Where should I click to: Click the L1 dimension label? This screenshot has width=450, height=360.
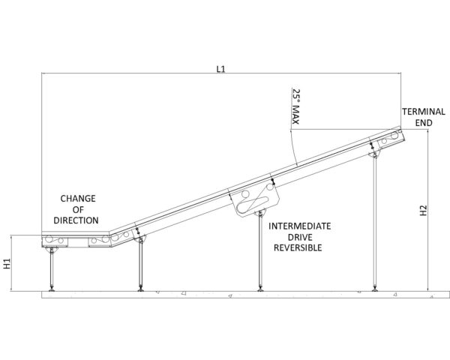pyautogui.click(x=220, y=69)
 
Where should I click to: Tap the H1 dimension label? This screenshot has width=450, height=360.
pyautogui.click(x=7, y=263)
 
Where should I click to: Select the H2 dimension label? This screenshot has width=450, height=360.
pyautogui.click(x=424, y=211)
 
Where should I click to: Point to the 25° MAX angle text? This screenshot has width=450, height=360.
pyautogui.click(x=295, y=106)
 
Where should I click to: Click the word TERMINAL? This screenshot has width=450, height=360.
pyautogui.click(x=424, y=112)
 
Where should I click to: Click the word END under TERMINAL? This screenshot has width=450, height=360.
pyautogui.click(x=424, y=123)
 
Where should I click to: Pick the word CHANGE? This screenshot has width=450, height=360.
pyautogui.click(x=78, y=198)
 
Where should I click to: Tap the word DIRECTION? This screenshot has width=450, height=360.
pyautogui.click(x=76, y=220)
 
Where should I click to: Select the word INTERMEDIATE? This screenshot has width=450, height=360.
pyautogui.click(x=299, y=226)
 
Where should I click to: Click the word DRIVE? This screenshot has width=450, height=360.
pyautogui.click(x=300, y=237)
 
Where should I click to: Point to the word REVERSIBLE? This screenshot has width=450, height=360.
pyautogui.click(x=298, y=247)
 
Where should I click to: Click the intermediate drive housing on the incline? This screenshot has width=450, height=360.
pyautogui.click(x=256, y=199)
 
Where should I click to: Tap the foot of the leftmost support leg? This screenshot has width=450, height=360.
pyautogui.click(x=52, y=289)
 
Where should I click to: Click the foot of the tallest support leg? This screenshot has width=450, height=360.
pyautogui.click(x=374, y=289)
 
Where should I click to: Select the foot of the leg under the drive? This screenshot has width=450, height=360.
pyautogui.click(x=260, y=289)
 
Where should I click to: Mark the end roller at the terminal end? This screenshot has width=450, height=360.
pyautogui.click(x=395, y=135)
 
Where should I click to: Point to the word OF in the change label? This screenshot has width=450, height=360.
pyautogui.click(x=78, y=209)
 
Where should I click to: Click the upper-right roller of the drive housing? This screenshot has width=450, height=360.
pyautogui.click(x=270, y=187)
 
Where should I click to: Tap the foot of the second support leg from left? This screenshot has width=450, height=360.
pyautogui.click(x=141, y=289)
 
